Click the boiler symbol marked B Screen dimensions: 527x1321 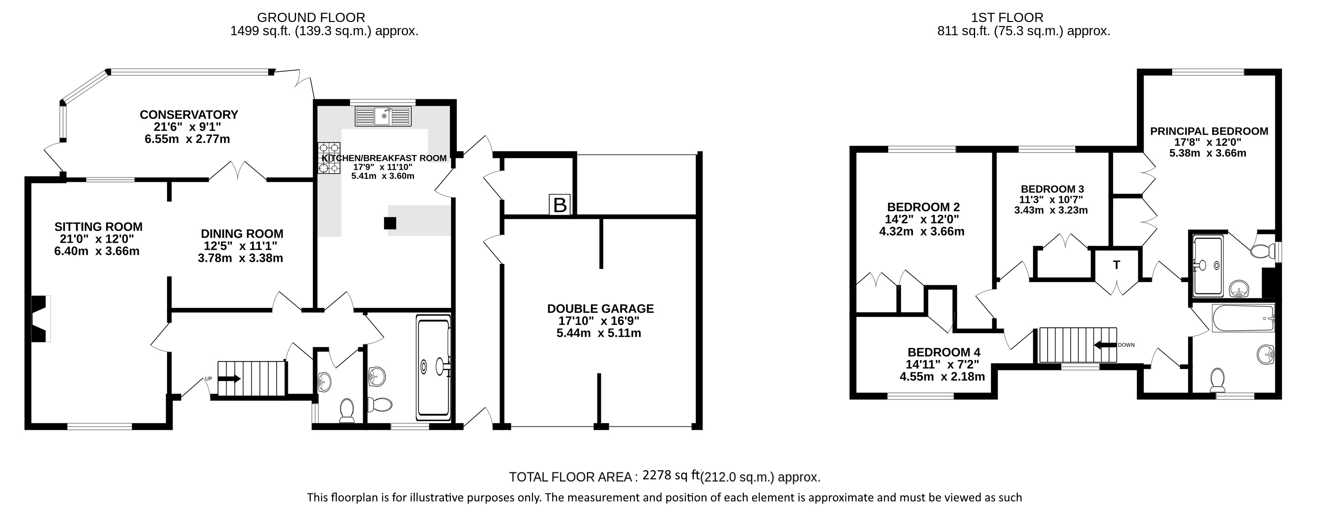pos(559,205)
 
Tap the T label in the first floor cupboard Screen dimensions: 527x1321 pos(1116,265)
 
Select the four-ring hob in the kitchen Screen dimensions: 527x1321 pos(329,158)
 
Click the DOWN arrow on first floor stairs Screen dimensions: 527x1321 pos(1106,345)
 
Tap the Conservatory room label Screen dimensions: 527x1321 pos(189,114)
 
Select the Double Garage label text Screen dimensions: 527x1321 pos(600,309)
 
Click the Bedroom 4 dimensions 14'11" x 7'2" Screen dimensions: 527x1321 pos(943,364)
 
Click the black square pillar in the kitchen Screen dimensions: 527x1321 pos(390,223)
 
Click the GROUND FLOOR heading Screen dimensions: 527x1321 pos(311,18)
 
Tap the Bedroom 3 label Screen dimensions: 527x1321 pos(1052,189)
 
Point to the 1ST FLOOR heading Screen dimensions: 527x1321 pos(1007,18)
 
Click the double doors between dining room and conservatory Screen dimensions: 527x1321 pos(237,171)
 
